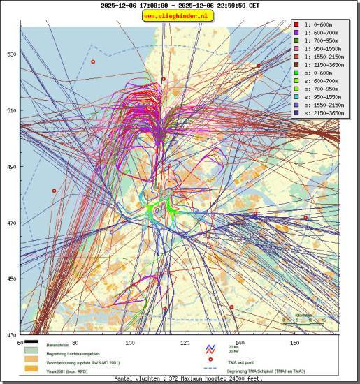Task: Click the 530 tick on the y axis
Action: [x=10, y=54]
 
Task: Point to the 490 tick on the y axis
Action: [x=10, y=167]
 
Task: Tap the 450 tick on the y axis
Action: [x=10, y=279]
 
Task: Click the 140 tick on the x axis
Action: [x=239, y=343]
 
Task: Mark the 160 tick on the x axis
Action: [x=294, y=343]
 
